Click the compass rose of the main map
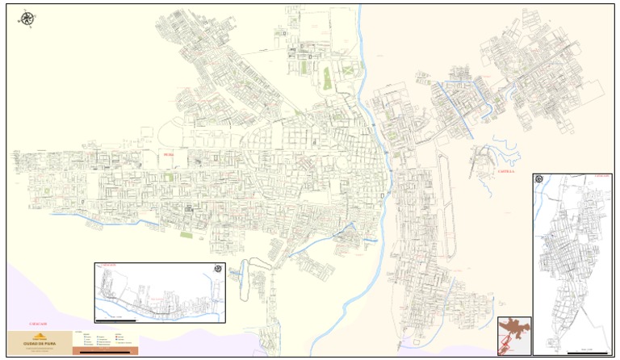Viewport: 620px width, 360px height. pos(27,19)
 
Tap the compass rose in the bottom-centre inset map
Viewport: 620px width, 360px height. pos(217,269)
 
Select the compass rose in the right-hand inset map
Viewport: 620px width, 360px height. pos(539,179)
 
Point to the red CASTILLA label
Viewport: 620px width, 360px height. pos(484,171)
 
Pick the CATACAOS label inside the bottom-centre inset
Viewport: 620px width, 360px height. pos(107,265)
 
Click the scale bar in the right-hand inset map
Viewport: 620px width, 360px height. pos(581,350)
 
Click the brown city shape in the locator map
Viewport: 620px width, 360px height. pos(513,332)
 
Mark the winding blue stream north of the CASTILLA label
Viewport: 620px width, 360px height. pos(505,150)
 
